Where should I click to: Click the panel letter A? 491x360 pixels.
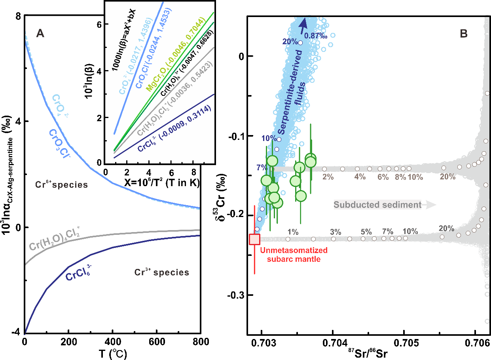point(40,34)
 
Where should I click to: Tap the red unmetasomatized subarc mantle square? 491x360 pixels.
point(254,239)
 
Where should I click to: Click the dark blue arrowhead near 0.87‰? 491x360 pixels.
point(303,23)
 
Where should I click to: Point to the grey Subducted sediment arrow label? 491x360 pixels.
point(384,205)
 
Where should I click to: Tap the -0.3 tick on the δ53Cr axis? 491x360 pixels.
point(235,295)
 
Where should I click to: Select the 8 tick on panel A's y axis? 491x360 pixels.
point(18,15)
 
